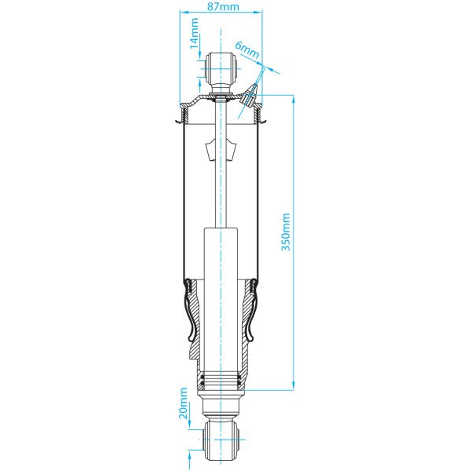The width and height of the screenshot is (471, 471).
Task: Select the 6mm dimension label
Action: [249, 52]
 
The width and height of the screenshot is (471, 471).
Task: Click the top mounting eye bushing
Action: [221, 69]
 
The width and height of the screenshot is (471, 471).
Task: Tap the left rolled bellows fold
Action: [191, 314]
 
